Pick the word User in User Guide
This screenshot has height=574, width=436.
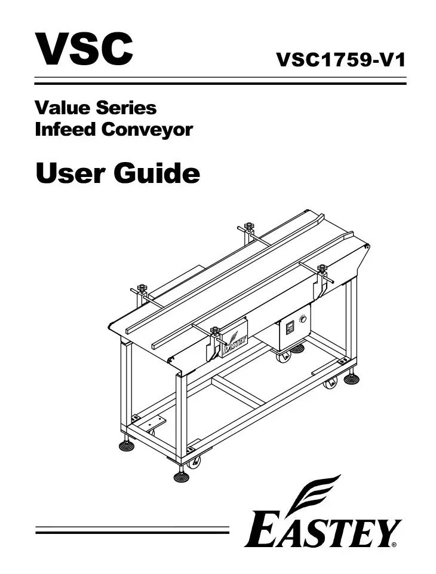click(70, 173)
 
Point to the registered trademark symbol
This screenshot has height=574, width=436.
click(394, 545)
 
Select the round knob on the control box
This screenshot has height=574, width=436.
click(302, 319)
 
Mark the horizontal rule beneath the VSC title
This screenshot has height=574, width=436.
click(220, 81)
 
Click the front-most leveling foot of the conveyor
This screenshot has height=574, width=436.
click(181, 476)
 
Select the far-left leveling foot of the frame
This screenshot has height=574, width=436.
click(126, 445)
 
